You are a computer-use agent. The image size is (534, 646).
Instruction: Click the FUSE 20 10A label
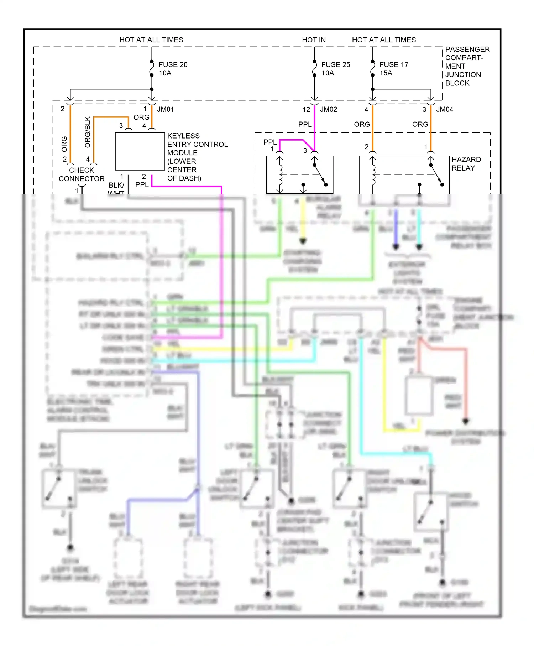(x=173, y=69)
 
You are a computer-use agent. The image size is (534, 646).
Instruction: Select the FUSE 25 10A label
(x=335, y=69)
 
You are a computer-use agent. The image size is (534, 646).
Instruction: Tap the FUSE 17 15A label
(x=393, y=69)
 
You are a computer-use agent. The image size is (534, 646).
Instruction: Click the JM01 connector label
(x=166, y=109)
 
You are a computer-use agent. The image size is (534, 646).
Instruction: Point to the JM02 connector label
(x=328, y=109)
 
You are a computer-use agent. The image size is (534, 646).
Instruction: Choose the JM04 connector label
(x=445, y=109)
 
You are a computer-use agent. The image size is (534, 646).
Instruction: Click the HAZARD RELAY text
(x=466, y=163)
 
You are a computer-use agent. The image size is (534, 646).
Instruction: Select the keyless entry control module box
(x=140, y=151)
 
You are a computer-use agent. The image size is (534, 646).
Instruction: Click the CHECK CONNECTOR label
(x=82, y=174)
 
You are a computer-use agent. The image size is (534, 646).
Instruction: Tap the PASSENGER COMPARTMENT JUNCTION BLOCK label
(x=467, y=66)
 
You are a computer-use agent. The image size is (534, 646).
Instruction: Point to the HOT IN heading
(x=314, y=40)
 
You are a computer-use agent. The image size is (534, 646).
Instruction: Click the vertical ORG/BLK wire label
(x=88, y=132)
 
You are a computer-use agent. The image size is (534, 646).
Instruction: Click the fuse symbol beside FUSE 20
(x=152, y=68)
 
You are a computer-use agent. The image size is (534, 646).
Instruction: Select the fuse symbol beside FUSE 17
(x=372, y=68)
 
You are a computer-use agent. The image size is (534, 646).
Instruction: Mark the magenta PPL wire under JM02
(x=315, y=125)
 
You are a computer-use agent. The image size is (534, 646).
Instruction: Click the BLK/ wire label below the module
(x=116, y=185)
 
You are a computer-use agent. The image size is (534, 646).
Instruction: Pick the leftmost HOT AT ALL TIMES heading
(x=151, y=40)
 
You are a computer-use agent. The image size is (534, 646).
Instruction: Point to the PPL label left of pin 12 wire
(x=305, y=124)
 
